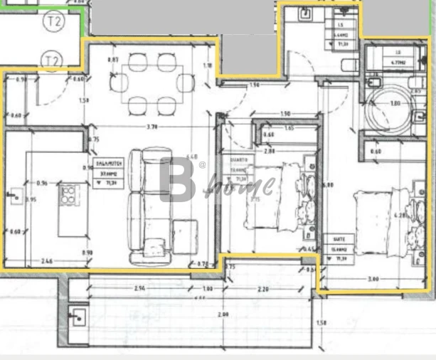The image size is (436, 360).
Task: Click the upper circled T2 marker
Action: [x=54, y=21]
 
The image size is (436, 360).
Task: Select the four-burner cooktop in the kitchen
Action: [x=69, y=194]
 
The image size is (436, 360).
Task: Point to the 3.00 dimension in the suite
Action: [x=373, y=279]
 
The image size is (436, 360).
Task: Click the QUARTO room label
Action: [x=238, y=166]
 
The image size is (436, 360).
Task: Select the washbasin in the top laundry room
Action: [x=303, y=12]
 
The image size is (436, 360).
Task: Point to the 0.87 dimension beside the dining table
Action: [x=112, y=60]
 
